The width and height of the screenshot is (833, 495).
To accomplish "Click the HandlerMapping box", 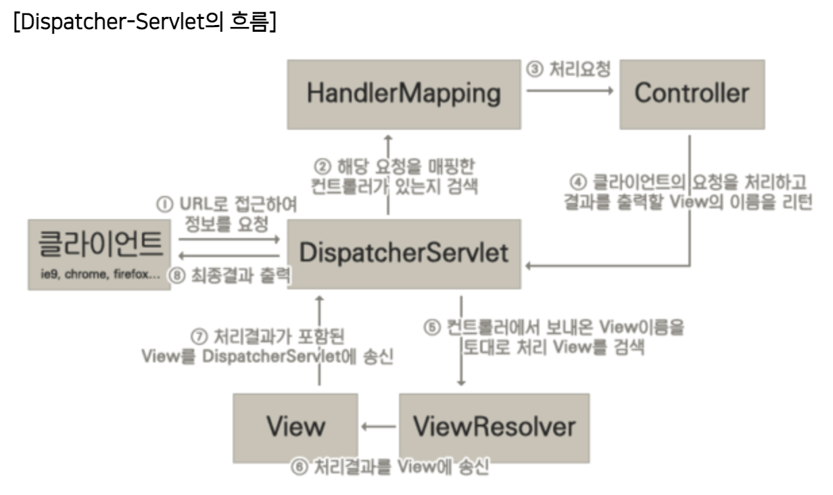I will pos(404,93).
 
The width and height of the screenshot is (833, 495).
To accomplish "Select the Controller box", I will pos(692,93).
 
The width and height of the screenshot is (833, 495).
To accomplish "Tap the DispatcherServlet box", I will pos(404,252).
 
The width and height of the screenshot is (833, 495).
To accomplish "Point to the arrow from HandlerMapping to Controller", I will pos(570,93).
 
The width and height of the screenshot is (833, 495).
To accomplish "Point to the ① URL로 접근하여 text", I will pos(227,203).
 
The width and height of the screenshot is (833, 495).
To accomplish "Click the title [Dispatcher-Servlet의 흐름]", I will pos(144,24).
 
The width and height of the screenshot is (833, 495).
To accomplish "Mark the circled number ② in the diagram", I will pos(323,166).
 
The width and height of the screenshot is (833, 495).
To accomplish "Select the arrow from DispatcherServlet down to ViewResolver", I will pos(461,341).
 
